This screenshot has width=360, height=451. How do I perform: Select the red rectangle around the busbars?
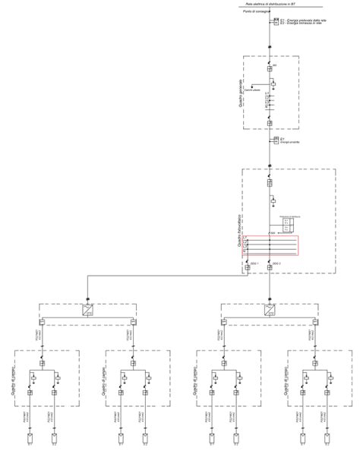[270, 247]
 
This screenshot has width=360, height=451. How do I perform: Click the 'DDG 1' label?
[254, 263]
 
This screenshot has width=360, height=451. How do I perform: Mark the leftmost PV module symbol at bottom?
[30, 438]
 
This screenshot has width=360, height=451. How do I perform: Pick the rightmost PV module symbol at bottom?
[327, 438]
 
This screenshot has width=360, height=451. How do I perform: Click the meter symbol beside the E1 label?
[271, 21]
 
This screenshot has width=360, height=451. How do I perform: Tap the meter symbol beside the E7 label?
[271, 140]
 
